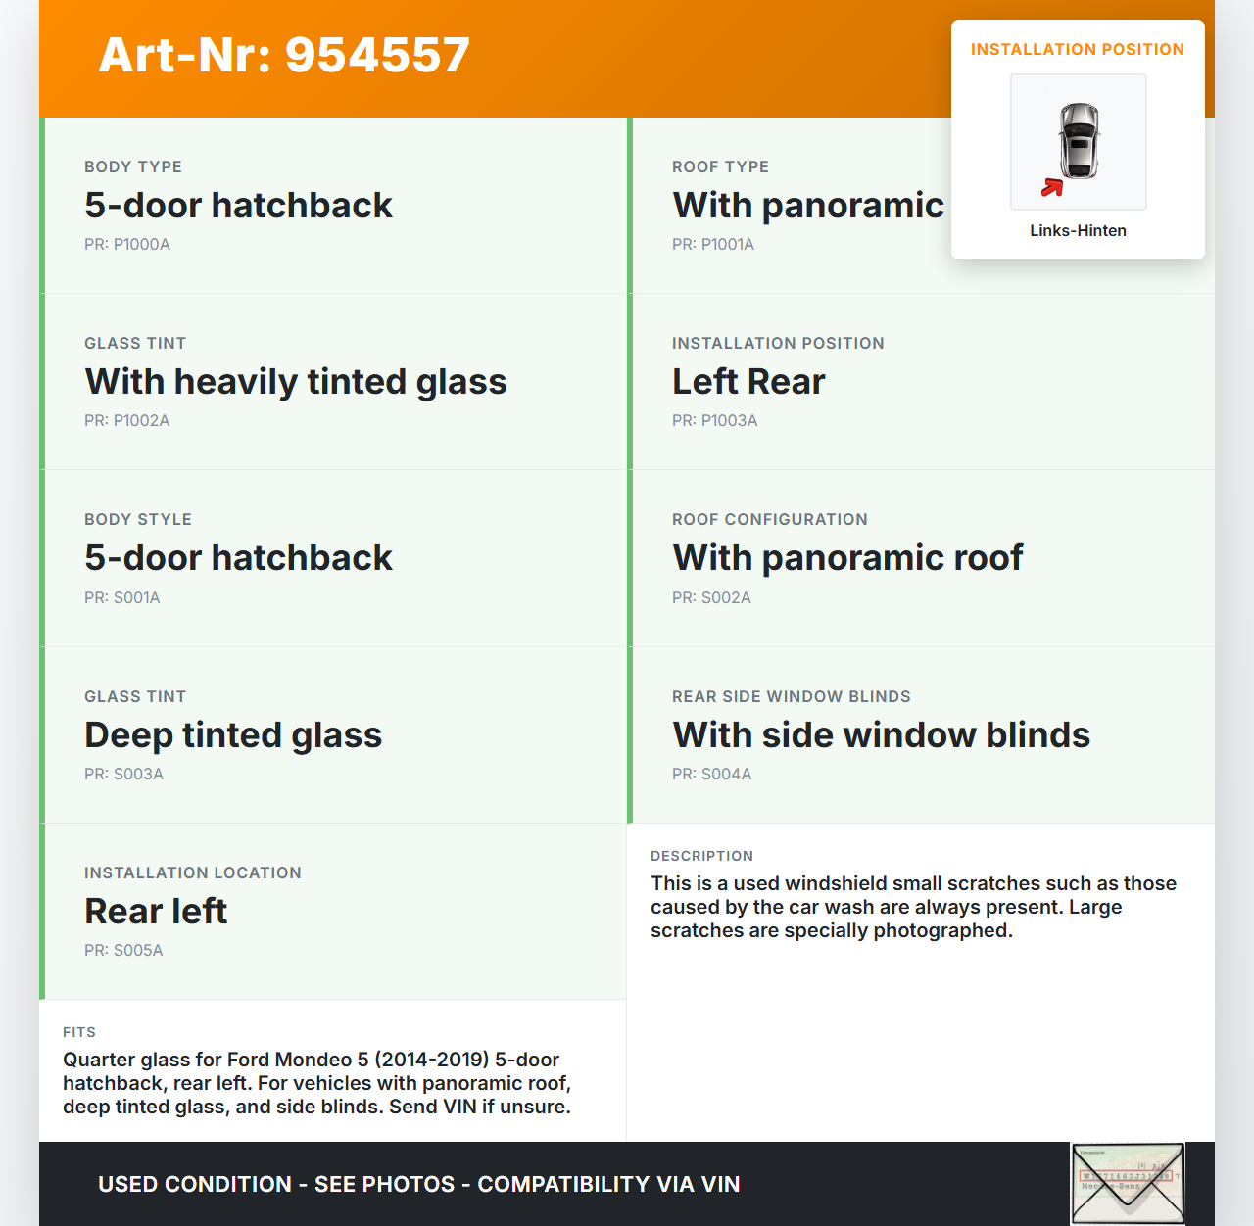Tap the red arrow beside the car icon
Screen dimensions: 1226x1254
click(x=1052, y=187)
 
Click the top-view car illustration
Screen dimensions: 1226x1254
click(x=1079, y=140)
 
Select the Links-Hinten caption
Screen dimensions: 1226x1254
click(x=1078, y=231)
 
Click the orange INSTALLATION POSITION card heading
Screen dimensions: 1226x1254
click(x=1077, y=50)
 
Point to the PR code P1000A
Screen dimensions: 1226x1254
click(x=127, y=245)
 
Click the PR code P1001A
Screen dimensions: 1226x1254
click(x=713, y=245)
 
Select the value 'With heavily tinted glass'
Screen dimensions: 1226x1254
click(x=296, y=382)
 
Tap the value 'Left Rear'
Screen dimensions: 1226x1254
click(x=748, y=382)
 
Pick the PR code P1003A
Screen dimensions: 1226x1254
click(x=715, y=421)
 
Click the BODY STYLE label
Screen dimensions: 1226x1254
click(x=138, y=520)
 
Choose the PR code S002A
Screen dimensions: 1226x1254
click(x=711, y=598)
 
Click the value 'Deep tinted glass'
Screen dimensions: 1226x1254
click(x=233, y=735)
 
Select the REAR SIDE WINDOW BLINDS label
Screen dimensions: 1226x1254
click(x=792, y=697)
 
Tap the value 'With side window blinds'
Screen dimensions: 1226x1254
click(x=881, y=735)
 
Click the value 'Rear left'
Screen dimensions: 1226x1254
click(x=156, y=912)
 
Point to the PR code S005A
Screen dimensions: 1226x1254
click(x=123, y=951)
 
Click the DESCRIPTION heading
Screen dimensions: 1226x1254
click(x=701, y=856)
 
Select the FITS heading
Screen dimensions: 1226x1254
click(x=79, y=1032)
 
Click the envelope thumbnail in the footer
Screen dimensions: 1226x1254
click(x=1128, y=1183)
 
